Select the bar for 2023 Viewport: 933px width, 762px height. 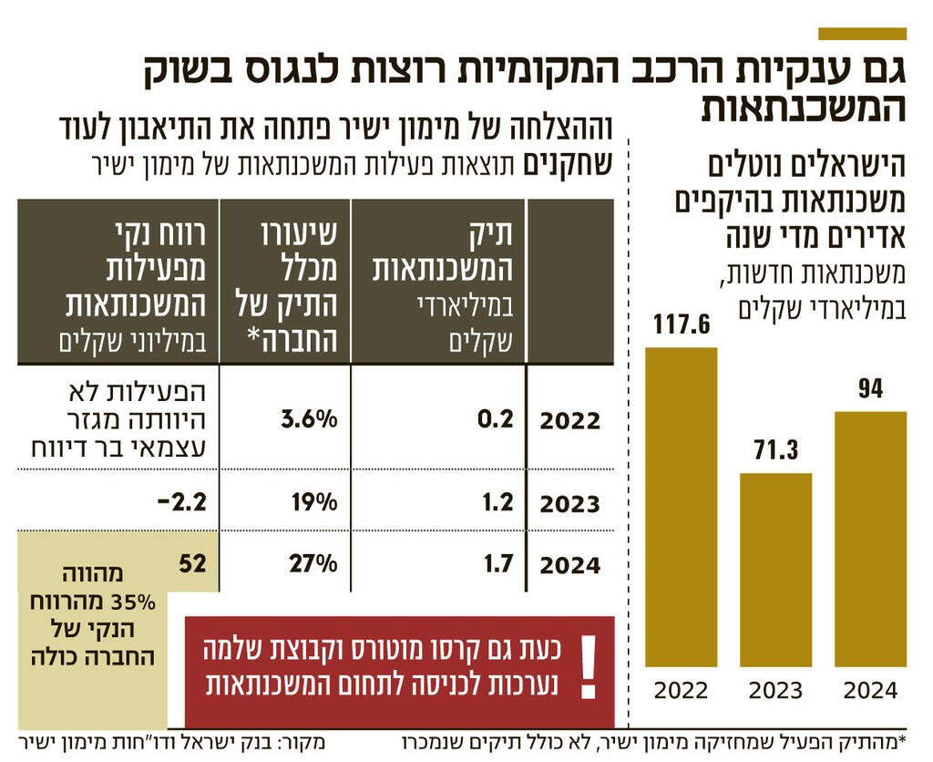click(x=775, y=571)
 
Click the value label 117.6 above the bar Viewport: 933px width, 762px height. click(x=681, y=324)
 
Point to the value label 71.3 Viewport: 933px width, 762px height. click(x=775, y=451)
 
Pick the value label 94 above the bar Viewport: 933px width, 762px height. click(x=870, y=389)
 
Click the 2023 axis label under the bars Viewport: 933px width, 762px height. click(x=775, y=691)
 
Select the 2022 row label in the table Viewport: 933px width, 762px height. click(x=570, y=421)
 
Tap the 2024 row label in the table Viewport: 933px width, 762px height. click(x=570, y=565)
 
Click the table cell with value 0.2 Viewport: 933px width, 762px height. click(x=497, y=418)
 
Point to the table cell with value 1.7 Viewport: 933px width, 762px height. click(x=497, y=564)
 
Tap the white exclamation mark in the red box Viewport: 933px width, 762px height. click(x=590, y=666)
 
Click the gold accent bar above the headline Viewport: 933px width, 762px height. click(x=862, y=34)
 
